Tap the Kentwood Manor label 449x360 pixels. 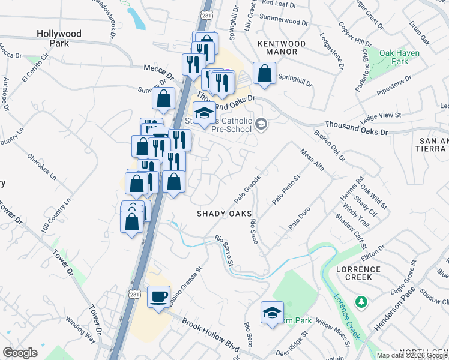pyautogui.click(x=281, y=48)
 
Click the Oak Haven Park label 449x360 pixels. pyautogui.click(x=400, y=58)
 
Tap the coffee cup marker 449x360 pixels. pyautogui.click(x=158, y=296)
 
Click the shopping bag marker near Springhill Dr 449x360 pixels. pyautogui.click(x=264, y=74)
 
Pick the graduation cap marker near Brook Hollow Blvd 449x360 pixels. pyautogui.click(x=272, y=312)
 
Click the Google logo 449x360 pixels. pyautogui.click(x=20, y=353)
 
